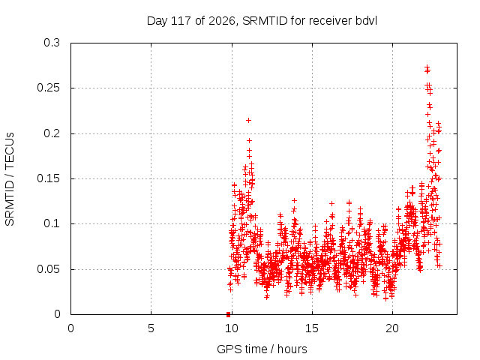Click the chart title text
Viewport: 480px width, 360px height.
262,21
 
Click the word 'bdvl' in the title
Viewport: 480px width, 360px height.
366,21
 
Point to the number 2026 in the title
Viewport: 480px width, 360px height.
222,21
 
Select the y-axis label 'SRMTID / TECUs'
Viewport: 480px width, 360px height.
10,179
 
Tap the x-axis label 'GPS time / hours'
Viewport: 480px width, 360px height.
262,349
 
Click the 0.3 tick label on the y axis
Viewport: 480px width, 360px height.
52,43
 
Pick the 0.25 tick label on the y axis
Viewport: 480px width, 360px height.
48,88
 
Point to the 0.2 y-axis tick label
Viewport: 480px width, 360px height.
52,133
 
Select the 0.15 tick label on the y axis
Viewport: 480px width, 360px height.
48,178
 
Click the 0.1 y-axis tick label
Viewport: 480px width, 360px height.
52,223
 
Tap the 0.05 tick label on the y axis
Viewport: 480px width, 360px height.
48,269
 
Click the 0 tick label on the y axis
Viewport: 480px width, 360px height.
57,314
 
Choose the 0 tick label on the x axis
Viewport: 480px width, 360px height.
70,328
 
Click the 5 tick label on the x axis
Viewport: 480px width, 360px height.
151,328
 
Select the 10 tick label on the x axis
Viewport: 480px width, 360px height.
232,328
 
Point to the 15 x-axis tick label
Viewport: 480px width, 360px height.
312,328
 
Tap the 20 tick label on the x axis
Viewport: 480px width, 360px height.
392,328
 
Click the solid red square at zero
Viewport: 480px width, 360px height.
228,314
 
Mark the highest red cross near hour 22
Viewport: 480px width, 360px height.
427,67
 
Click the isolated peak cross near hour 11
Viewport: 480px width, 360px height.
248,120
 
